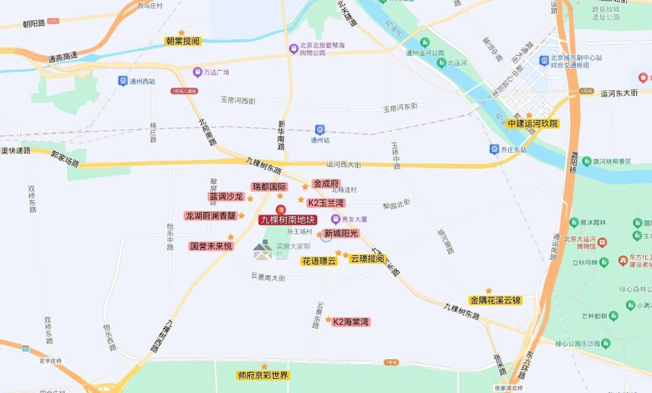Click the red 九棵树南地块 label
point(288,220)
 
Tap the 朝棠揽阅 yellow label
point(183,41)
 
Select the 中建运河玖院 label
point(533,124)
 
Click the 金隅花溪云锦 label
point(495,300)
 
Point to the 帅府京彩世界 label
point(263,375)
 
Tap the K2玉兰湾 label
point(326,203)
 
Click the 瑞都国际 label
point(269,187)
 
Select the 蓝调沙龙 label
point(225,197)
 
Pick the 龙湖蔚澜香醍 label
point(211,216)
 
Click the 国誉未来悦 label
point(211,246)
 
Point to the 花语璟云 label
point(319,261)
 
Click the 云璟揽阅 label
point(367,259)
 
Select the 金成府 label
point(325,183)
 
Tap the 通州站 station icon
point(320,130)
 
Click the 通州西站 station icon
point(123,81)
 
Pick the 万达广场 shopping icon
point(197,71)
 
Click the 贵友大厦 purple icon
point(335,219)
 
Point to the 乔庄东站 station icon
point(494,149)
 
